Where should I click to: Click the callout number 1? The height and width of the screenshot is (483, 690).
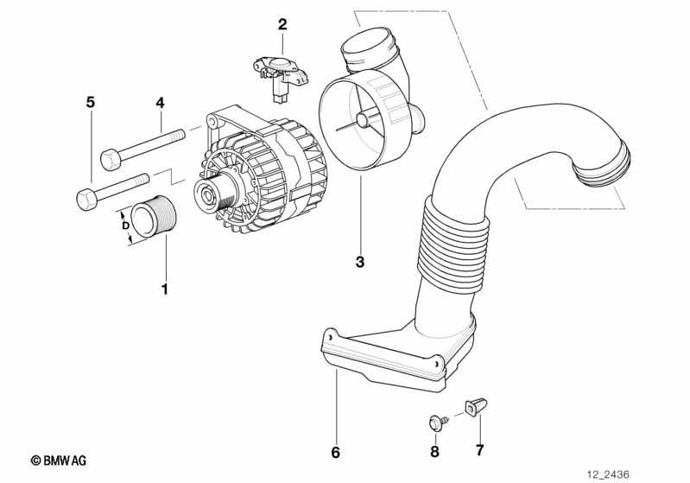(165, 289)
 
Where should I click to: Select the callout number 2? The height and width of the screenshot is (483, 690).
(282, 24)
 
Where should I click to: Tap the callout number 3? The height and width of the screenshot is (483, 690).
(360, 262)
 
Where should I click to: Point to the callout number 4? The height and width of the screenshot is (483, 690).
(160, 103)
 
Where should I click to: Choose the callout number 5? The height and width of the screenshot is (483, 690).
(90, 102)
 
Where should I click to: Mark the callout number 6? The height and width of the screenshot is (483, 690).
(335, 452)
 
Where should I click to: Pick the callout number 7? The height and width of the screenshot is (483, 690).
(479, 449)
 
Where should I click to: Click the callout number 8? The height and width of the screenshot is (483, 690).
(434, 451)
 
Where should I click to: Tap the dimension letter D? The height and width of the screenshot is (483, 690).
(125, 226)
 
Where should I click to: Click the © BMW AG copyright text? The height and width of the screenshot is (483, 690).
(59, 461)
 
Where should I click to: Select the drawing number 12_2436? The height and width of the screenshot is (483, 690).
(608, 474)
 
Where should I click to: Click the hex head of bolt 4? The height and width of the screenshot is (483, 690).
(110, 159)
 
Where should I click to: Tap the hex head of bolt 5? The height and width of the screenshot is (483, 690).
(86, 199)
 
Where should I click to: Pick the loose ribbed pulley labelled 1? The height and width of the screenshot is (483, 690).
(154, 219)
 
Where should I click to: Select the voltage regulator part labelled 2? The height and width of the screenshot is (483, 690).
(281, 76)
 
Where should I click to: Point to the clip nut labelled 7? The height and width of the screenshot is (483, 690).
(475, 407)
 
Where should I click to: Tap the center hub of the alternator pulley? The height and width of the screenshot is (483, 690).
(206, 194)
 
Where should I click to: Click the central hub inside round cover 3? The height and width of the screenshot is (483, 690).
(364, 120)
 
